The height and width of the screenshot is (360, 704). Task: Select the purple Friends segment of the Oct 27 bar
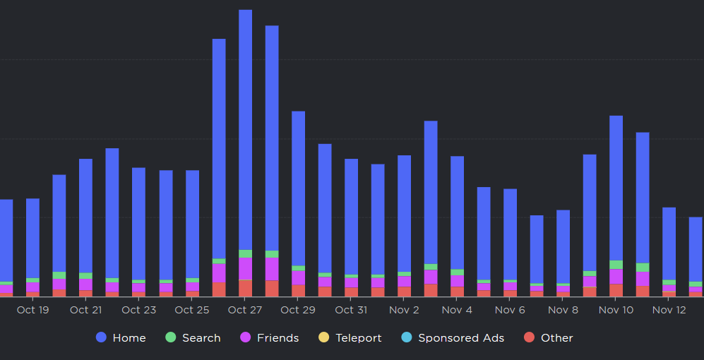pos(245,268)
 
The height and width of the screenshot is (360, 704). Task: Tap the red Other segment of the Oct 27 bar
pos(245,288)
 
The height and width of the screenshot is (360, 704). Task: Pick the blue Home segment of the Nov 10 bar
pos(616,188)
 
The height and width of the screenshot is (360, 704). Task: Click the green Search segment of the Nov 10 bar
pos(616,265)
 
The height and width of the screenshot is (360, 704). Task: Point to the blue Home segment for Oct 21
pos(85,215)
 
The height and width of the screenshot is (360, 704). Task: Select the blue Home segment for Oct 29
pos(298,188)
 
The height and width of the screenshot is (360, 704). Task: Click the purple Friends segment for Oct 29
pos(298,277)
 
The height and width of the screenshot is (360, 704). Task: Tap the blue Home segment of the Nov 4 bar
pos(457,212)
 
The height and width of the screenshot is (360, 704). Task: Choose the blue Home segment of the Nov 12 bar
pos(669,244)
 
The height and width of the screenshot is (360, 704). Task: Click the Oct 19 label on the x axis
pos(32,310)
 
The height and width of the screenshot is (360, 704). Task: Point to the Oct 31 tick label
pos(351,310)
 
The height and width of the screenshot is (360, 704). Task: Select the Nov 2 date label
pos(404,310)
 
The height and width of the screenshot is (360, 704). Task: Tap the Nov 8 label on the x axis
pos(563,310)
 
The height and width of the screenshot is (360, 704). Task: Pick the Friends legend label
pos(278,338)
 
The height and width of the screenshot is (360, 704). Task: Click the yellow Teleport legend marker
pos(324,338)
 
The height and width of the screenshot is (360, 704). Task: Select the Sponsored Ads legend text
pos(461,338)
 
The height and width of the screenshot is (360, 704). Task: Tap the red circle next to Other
pos(529,338)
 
